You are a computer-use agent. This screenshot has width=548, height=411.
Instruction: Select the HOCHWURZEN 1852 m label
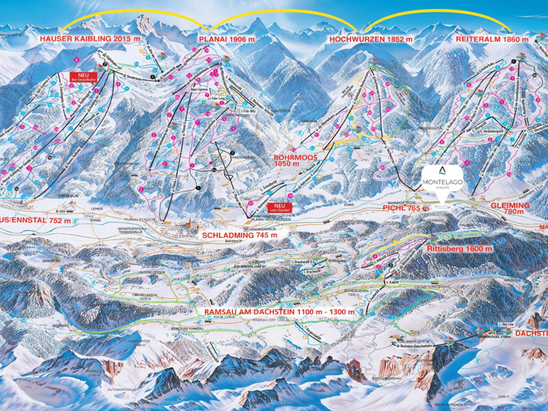tap(368, 38)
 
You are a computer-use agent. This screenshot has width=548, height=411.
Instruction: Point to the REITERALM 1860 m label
tap(493, 38)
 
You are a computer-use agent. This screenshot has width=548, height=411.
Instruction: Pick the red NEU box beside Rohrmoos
tap(280, 207)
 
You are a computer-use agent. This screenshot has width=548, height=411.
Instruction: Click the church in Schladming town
tap(194, 226)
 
